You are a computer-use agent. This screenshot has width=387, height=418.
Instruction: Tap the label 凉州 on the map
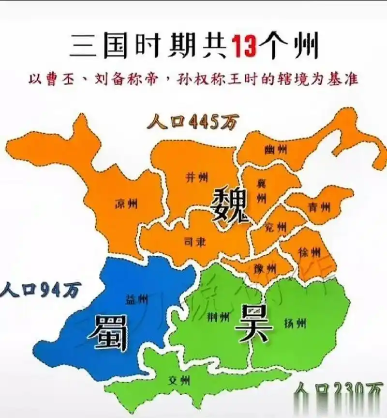pyautogui.click(x=126, y=204)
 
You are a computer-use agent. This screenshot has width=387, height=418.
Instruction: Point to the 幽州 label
pyautogui.click(x=275, y=151)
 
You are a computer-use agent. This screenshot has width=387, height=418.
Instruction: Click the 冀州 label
pyautogui.click(x=262, y=190)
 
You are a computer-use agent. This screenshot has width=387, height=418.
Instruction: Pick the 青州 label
pyautogui.click(x=320, y=207)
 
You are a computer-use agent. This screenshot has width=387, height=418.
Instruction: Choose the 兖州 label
pyautogui.click(x=276, y=227)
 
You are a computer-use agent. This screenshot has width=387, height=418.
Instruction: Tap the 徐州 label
pyautogui.click(x=309, y=252)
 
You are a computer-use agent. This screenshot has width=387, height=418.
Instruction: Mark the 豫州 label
pyautogui.click(x=265, y=267)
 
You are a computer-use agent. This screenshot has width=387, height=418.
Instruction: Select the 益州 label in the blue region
pyautogui.click(x=137, y=299)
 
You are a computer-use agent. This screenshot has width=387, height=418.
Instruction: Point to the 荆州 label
pyautogui.click(x=218, y=317)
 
